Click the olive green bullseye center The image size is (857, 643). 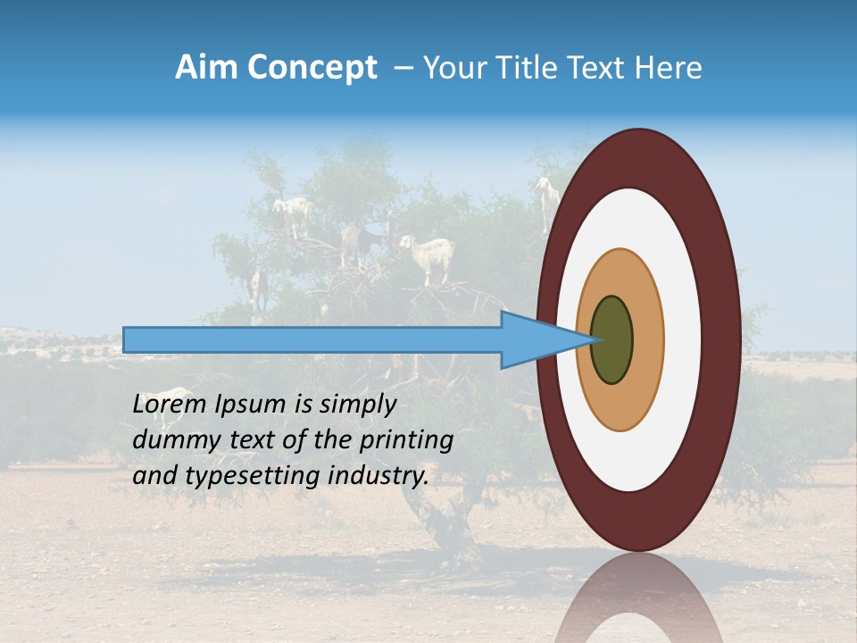pos(612,340)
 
